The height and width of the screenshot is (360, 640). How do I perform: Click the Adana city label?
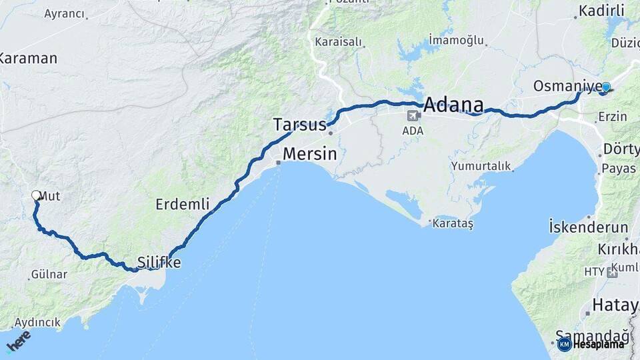(x=453, y=105)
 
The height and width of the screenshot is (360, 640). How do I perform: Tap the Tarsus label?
(x=300, y=125)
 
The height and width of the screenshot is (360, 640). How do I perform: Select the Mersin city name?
(x=309, y=154)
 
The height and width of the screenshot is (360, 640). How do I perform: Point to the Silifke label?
(x=159, y=263)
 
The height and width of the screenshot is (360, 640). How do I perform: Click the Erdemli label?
(x=183, y=204)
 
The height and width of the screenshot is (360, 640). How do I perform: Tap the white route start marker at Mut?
(x=36, y=195)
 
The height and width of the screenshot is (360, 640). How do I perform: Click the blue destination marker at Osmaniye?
(x=606, y=87)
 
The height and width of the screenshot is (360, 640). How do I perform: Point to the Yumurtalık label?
(x=481, y=165)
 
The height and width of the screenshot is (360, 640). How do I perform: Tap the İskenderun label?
(x=589, y=227)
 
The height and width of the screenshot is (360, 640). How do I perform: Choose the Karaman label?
(x=29, y=58)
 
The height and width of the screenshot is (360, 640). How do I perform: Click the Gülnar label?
(x=49, y=274)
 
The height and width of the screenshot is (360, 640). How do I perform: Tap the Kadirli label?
(x=601, y=11)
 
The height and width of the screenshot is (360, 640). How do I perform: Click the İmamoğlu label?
(x=456, y=40)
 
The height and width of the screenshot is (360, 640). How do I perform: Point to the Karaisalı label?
(x=339, y=42)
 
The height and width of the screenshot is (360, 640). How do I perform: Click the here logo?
(x=18, y=341)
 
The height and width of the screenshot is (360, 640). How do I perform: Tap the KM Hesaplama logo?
(x=592, y=344)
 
